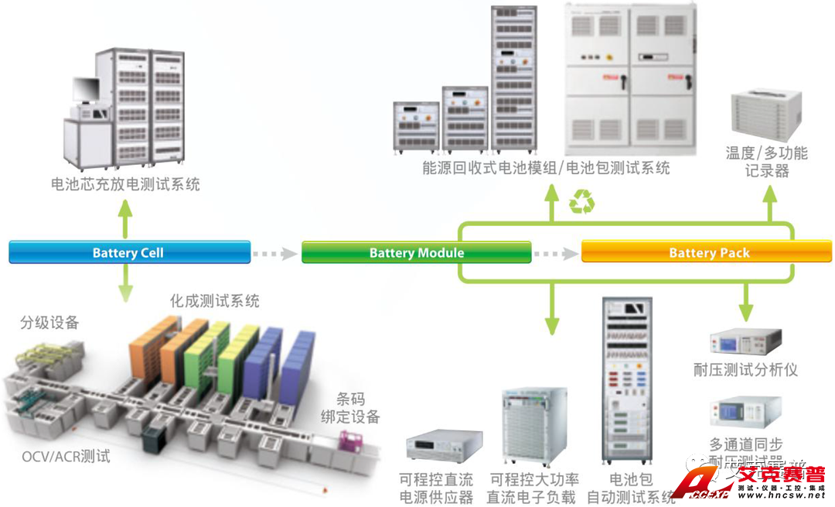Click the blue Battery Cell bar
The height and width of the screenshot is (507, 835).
click(x=129, y=252)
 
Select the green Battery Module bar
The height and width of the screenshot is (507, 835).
click(x=416, y=252)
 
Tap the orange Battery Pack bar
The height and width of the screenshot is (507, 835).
click(x=707, y=252)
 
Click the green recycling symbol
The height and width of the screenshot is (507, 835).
click(x=581, y=203)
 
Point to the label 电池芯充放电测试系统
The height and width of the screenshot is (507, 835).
click(x=125, y=184)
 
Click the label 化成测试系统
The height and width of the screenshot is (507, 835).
click(x=214, y=301)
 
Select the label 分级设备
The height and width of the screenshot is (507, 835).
click(x=49, y=323)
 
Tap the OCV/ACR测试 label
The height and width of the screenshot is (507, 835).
click(x=66, y=456)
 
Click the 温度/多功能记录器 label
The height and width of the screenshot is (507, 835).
click(x=766, y=161)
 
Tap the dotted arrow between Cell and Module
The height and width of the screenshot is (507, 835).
click(x=276, y=253)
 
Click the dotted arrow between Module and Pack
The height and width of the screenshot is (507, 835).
click(x=556, y=253)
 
